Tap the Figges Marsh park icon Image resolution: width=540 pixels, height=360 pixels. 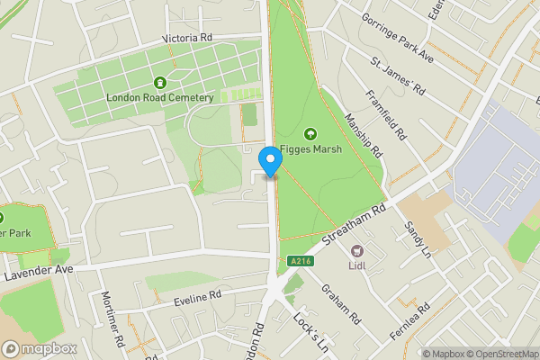coord(311,134)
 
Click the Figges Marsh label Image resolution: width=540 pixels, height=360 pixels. coord(311,150)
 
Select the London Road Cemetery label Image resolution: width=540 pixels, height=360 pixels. coord(159,97)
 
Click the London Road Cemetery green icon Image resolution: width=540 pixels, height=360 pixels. coord(160,82)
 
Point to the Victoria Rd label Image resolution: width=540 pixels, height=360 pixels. coord(186,39)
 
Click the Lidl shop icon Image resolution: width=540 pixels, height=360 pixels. coord(357,250)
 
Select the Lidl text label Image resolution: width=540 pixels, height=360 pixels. coord(357,265)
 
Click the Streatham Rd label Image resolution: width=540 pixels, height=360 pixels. coord(355,225)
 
